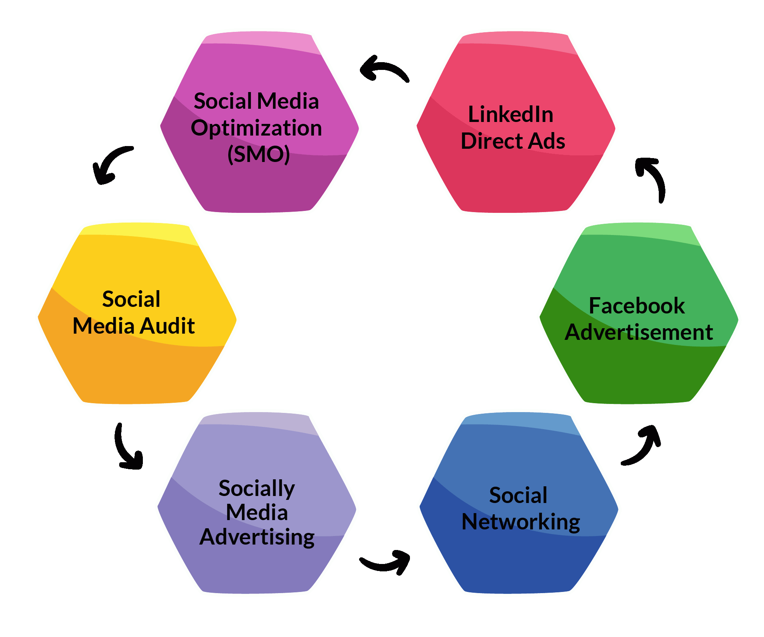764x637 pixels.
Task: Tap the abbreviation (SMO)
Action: pos(259,154)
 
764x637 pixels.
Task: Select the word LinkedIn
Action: pos(511,114)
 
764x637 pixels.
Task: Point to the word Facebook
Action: pos(637,305)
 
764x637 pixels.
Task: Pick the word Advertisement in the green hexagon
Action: pos(639,332)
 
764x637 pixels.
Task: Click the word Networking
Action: pos(521,522)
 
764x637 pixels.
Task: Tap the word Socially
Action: pos(257,489)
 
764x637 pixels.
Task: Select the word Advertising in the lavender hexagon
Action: pos(257,538)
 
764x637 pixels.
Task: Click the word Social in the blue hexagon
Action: pos(518,495)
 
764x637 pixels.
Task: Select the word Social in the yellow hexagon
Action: pos(131,299)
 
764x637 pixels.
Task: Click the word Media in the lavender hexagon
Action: pos(257,512)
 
